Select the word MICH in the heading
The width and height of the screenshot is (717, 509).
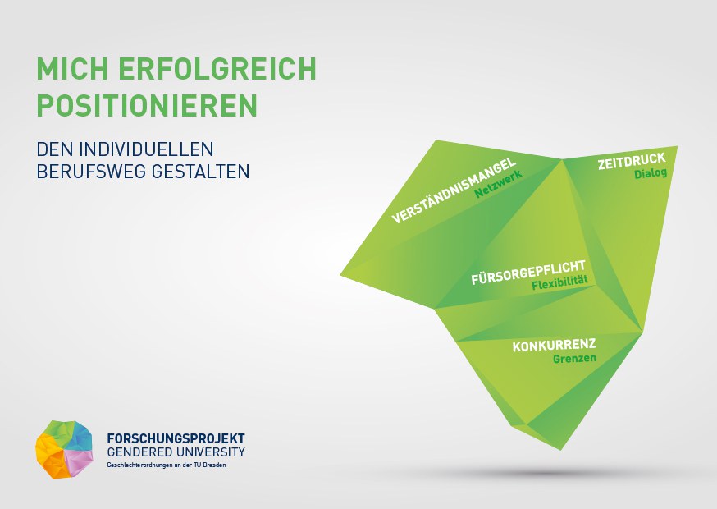point(72,69)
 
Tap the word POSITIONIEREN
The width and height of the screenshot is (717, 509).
point(147,106)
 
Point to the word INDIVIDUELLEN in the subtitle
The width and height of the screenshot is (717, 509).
point(147,149)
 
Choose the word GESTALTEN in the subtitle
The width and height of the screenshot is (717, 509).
point(200,172)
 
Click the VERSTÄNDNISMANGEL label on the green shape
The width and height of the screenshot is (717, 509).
point(454,190)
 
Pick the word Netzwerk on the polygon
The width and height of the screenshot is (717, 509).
point(499,184)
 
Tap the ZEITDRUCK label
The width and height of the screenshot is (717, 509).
point(632,162)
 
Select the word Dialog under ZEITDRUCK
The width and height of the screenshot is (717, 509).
point(651,173)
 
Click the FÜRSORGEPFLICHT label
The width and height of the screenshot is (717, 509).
point(528,272)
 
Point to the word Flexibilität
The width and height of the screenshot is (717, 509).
point(559,282)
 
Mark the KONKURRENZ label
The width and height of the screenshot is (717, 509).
point(554,346)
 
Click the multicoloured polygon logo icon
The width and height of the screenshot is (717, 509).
point(64,449)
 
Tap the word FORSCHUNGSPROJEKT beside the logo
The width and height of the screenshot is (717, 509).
point(176,438)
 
